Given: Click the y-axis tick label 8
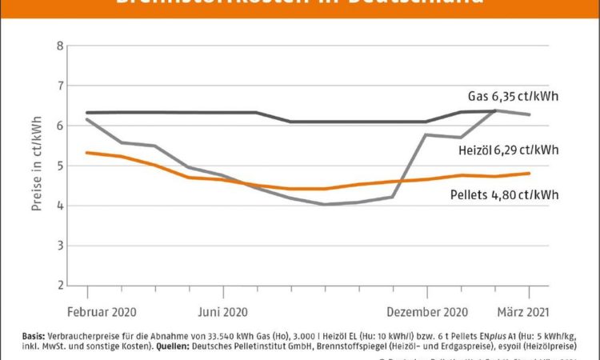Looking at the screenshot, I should (x=59, y=46).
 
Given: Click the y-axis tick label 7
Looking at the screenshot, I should (x=59, y=86).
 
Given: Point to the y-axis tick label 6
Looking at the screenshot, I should (x=59, y=126).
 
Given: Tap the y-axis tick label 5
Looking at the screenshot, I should (x=59, y=166).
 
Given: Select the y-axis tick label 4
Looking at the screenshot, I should (x=59, y=206).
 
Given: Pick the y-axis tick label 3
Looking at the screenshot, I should (x=59, y=246).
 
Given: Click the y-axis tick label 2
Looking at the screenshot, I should (x=59, y=286).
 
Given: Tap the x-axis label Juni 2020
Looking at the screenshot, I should (x=222, y=311).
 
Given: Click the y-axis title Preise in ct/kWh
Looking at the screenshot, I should (x=37, y=166).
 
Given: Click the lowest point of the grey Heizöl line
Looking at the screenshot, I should (x=324, y=204).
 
